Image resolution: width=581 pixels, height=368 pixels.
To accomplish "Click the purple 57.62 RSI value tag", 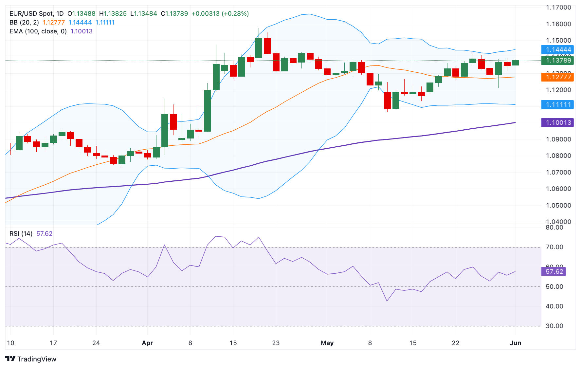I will point(554,272).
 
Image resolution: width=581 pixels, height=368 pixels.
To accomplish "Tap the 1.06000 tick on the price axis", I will point(558,189).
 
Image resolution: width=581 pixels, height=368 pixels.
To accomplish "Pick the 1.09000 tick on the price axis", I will point(558,139).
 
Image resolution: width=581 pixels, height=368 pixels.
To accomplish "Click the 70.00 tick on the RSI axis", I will point(554,247).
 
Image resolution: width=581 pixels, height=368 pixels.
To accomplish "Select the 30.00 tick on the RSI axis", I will point(554,326).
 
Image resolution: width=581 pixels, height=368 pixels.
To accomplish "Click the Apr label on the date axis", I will point(147,343).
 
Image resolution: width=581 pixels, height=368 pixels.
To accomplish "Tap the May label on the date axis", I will point(327,343).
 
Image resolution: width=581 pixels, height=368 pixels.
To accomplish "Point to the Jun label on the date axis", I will point(515,343).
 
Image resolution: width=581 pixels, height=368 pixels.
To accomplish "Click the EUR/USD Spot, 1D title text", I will point(36,14).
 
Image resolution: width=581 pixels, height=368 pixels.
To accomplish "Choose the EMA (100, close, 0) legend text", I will point(38,31).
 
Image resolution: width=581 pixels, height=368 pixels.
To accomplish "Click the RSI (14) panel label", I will point(21,234).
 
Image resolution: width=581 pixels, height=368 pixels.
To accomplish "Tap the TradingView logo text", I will point(36,359).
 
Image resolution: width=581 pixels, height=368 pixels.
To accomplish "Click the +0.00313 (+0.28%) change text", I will point(220,14).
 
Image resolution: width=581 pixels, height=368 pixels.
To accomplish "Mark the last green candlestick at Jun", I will point(516,63).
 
